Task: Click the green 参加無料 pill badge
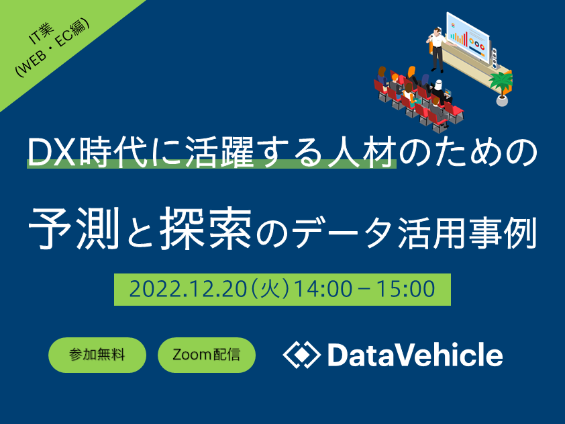[x=97, y=355]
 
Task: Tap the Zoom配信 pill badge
[x=207, y=355]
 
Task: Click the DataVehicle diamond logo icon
[x=301, y=355]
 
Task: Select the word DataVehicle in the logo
[x=415, y=355]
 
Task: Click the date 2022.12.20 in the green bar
[x=188, y=290]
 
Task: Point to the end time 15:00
[x=405, y=290]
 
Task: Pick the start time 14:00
[x=323, y=290]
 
